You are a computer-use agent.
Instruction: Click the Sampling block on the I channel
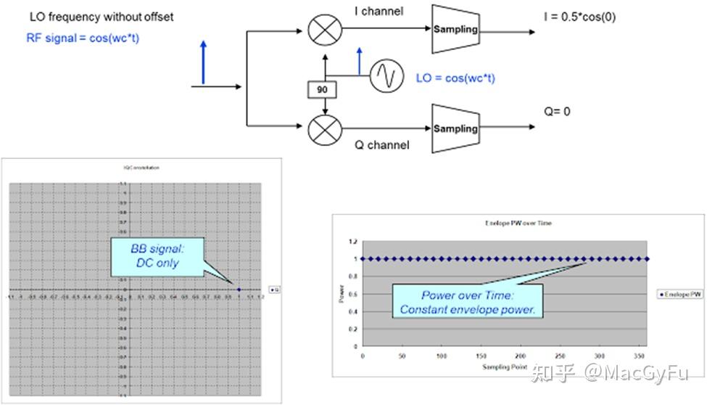(455, 29)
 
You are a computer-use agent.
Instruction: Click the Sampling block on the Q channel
(455, 128)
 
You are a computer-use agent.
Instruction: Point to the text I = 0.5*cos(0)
(581, 17)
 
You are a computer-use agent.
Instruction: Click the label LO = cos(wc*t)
(455, 78)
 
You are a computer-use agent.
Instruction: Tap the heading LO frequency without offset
(102, 17)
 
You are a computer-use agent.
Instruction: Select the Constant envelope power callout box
(468, 303)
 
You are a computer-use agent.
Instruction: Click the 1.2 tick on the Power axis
(352, 242)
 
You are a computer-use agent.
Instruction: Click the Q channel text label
(381, 145)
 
